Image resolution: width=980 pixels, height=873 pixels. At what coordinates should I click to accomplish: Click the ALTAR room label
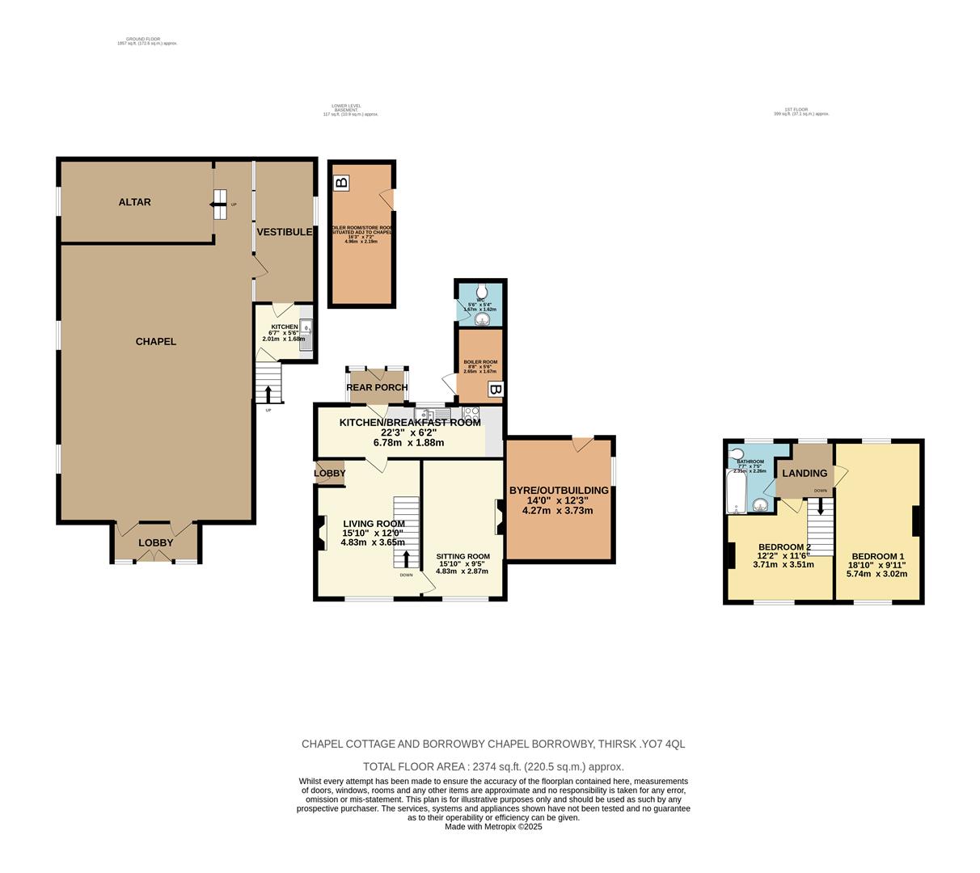click(x=134, y=202)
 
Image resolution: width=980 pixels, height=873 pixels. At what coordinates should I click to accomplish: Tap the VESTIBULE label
click(x=284, y=232)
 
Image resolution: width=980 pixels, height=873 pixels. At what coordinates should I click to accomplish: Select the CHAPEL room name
click(x=155, y=341)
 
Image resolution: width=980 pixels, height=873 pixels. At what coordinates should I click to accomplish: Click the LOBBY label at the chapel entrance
click(x=155, y=542)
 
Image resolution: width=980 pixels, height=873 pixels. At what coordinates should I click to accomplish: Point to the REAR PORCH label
click(x=377, y=387)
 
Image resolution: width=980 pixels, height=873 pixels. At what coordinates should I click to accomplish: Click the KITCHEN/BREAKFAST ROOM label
click(x=409, y=422)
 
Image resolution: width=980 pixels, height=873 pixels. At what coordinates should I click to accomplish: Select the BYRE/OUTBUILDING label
click(x=558, y=490)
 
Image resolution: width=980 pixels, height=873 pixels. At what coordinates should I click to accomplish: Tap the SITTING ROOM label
click(x=463, y=556)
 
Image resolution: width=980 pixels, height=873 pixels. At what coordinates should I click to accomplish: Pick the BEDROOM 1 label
click(x=877, y=556)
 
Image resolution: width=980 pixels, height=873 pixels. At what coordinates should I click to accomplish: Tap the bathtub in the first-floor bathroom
click(x=736, y=491)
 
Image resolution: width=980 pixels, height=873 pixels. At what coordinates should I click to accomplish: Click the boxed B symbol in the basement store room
click(x=341, y=183)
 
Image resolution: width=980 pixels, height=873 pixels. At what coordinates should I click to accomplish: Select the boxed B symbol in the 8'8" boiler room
click(x=495, y=390)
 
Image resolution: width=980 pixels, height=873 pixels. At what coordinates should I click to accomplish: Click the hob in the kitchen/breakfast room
click(x=471, y=413)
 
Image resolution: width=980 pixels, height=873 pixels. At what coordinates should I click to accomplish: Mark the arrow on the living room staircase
click(x=406, y=559)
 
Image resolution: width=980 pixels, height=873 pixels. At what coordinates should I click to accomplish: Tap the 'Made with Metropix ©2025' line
click(x=493, y=827)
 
